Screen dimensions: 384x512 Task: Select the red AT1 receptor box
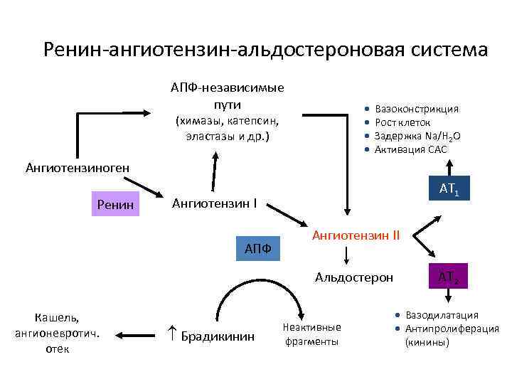point(449,188)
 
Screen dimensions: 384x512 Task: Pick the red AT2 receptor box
point(447,277)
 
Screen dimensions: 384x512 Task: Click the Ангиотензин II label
point(356,234)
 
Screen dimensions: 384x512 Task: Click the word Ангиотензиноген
point(77,168)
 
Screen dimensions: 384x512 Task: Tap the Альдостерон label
point(353,277)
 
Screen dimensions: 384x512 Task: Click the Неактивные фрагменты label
point(311,334)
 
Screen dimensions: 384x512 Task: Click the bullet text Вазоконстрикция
point(416,109)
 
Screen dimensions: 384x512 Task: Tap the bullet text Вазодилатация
point(442,314)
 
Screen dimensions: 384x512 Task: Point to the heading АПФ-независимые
point(227,87)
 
